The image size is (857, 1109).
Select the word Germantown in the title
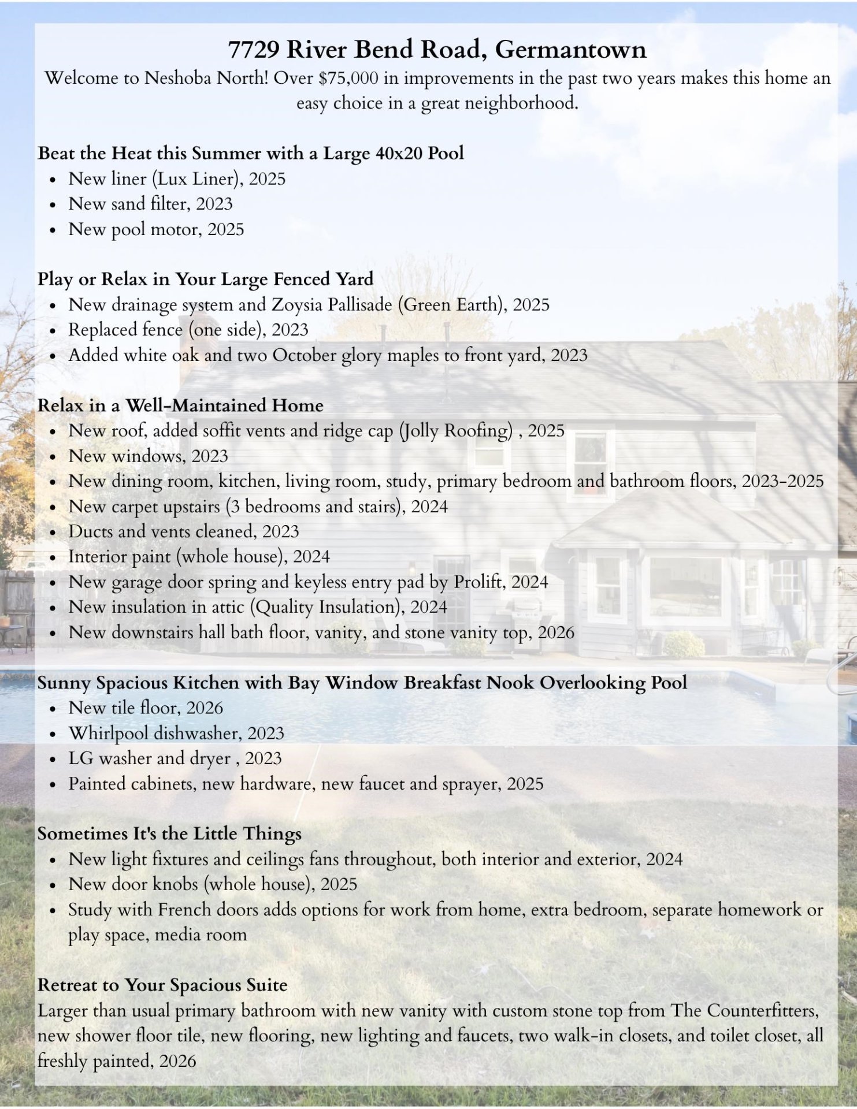pyautogui.click(x=570, y=50)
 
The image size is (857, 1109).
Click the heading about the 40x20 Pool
pyautogui.click(x=251, y=153)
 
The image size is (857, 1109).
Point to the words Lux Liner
pyautogui.click(x=198, y=178)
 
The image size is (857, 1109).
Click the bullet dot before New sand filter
pyautogui.click(x=53, y=205)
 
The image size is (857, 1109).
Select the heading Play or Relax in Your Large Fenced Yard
pyautogui.click(x=205, y=279)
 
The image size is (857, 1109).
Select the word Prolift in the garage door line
pyautogui.click(x=477, y=582)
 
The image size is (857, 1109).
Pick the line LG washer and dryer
pyautogui.click(x=175, y=758)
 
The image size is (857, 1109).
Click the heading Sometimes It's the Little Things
pyautogui.click(x=169, y=833)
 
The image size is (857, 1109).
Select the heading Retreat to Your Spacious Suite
pyautogui.click(x=162, y=985)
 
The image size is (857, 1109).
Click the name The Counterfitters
pyautogui.click(x=744, y=1010)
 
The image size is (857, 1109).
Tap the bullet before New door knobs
pyautogui.click(x=53, y=885)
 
